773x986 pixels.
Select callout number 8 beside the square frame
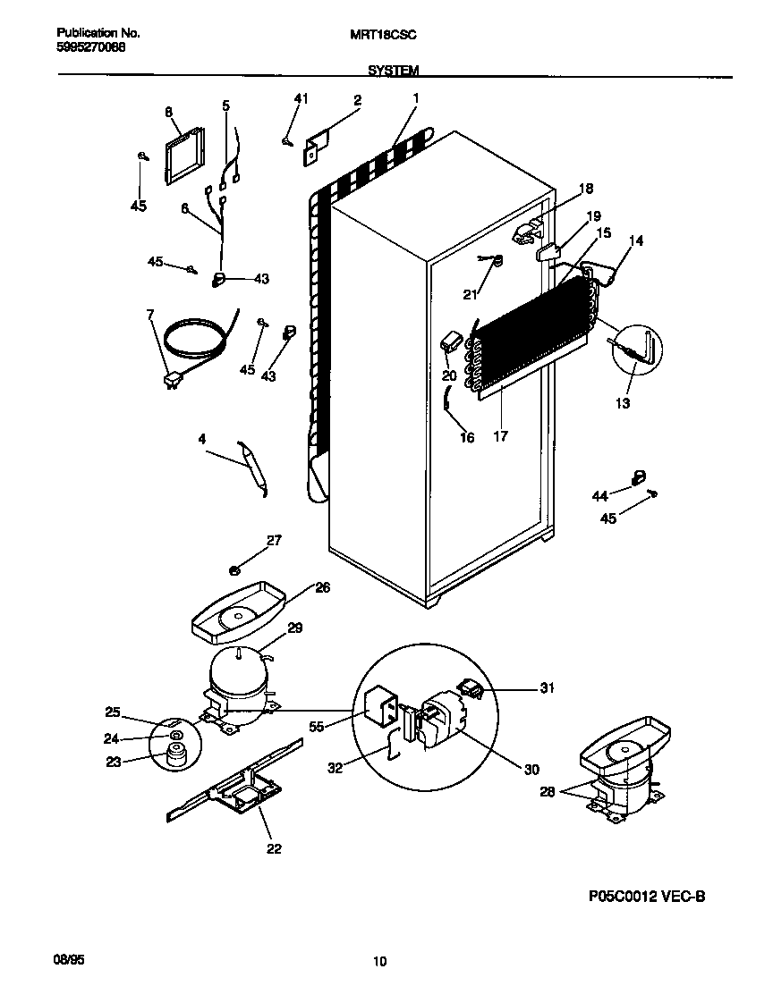pos(167,112)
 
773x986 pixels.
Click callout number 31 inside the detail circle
pos(547,687)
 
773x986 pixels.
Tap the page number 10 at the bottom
pos(379,962)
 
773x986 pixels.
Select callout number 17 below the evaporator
pos(500,436)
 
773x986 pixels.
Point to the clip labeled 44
pos(639,477)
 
